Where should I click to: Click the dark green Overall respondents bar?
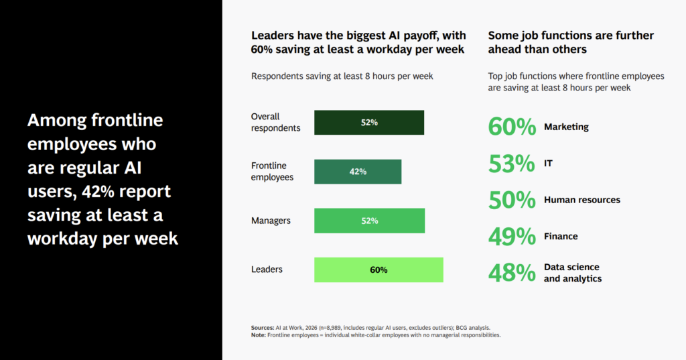point(369,123)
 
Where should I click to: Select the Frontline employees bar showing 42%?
point(358,172)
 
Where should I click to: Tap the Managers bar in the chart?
point(369,221)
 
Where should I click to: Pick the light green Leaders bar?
point(379,269)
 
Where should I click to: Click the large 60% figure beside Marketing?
point(512,127)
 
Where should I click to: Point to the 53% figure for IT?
point(511,164)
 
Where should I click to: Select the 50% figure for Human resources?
point(512,200)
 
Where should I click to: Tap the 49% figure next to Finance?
point(512,237)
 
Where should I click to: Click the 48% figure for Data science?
point(512,273)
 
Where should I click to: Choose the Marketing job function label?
point(566,127)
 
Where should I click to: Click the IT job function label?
point(548,164)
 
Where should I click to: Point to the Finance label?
point(561,237)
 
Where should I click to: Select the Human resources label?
point(582,200)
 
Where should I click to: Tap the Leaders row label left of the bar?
point(267,269)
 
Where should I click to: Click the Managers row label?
point(271,221)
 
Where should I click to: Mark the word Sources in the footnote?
point(263,328)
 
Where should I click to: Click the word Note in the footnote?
point(259,335)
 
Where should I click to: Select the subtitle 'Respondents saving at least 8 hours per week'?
point(342,76)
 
